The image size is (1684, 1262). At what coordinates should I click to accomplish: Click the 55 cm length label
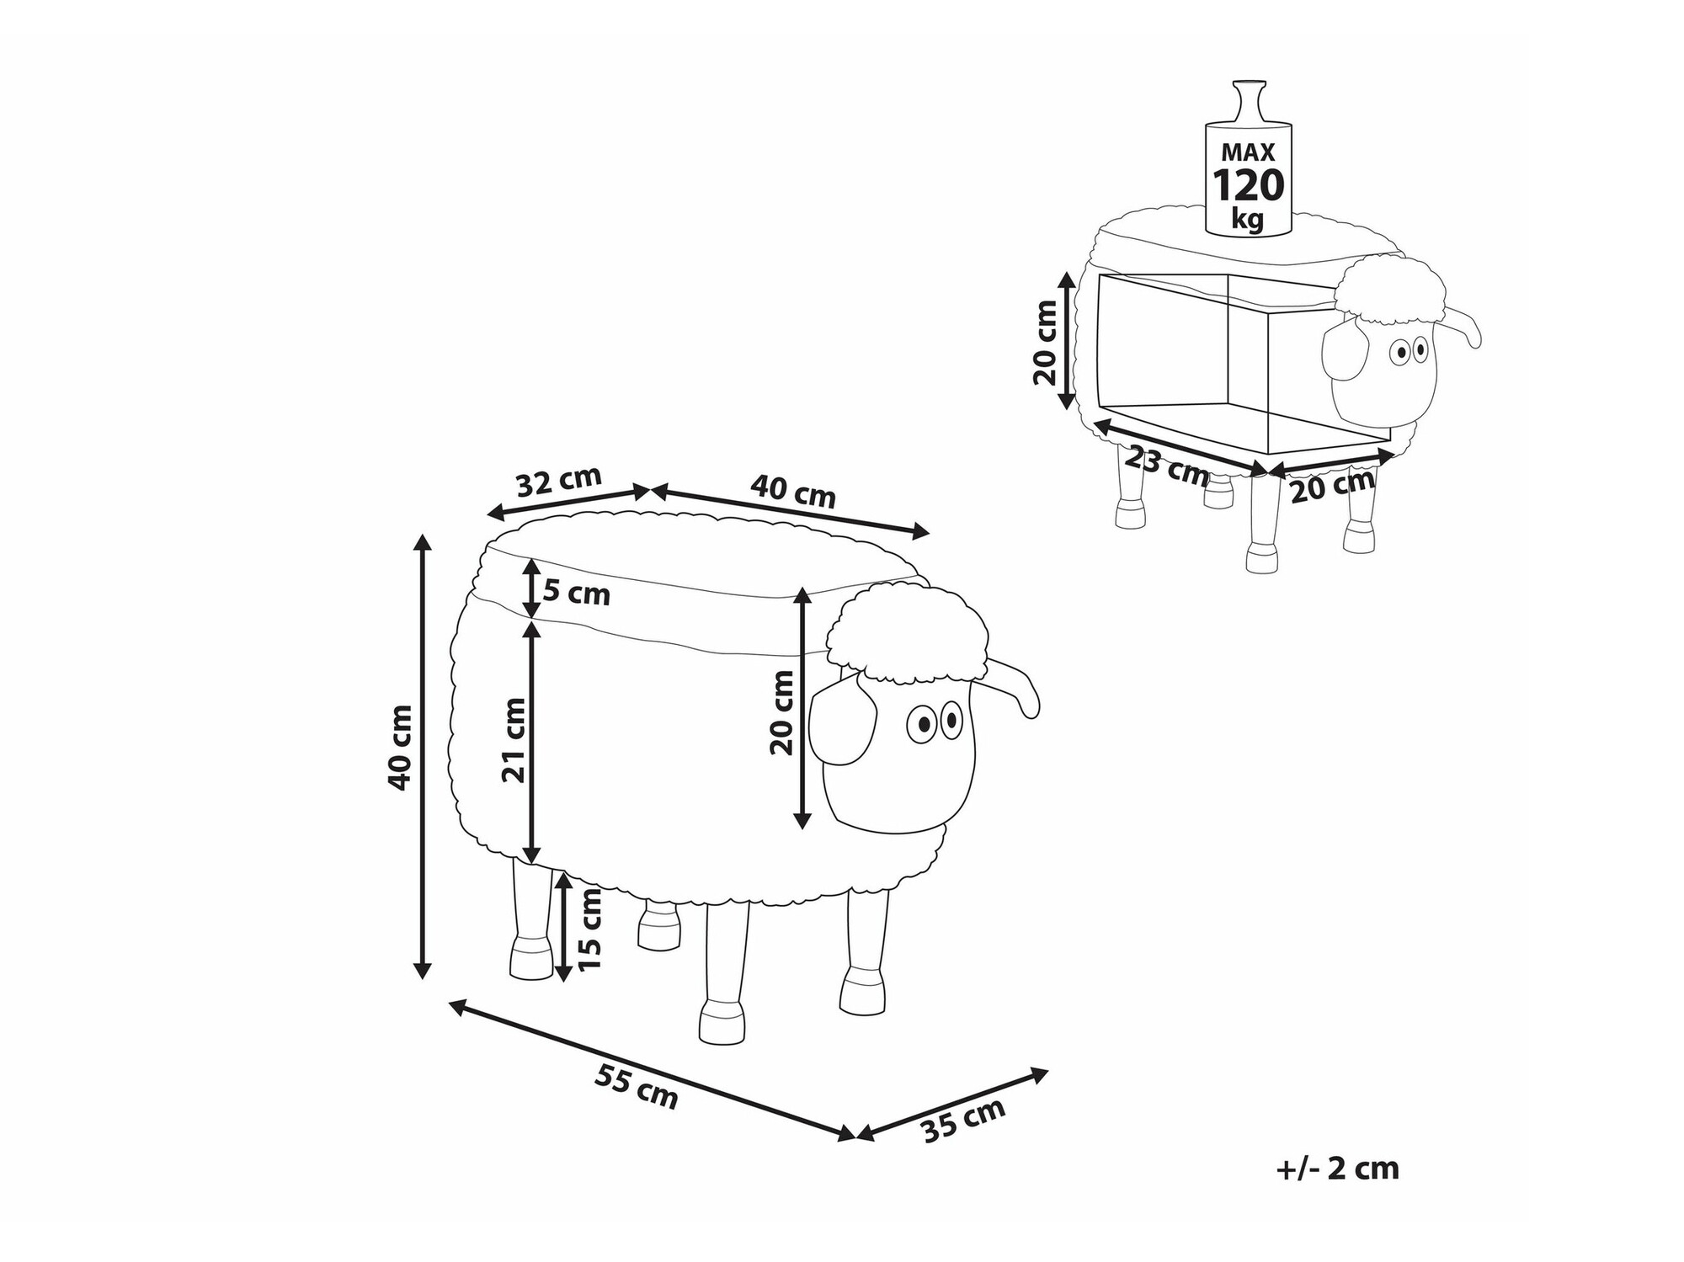[x=637, y=1087]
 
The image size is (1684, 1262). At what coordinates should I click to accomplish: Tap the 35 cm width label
[x=964, y=1121]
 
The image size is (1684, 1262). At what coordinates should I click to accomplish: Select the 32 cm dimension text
[x=558, y=481]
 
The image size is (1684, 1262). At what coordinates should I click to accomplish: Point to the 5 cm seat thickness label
[x=577, y=593]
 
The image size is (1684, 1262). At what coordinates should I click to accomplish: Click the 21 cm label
[x=514, y=740]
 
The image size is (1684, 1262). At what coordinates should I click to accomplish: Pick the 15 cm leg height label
[x=590, y=928]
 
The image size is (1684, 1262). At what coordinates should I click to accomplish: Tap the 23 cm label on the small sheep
[x=1167, y=466]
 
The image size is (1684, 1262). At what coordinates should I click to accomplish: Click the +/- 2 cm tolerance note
[x=1337, y=1169]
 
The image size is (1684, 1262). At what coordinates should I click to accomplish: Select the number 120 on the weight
[x=1248, y=186]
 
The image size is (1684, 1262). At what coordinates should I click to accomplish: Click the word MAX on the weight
[x=1249, y=152]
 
